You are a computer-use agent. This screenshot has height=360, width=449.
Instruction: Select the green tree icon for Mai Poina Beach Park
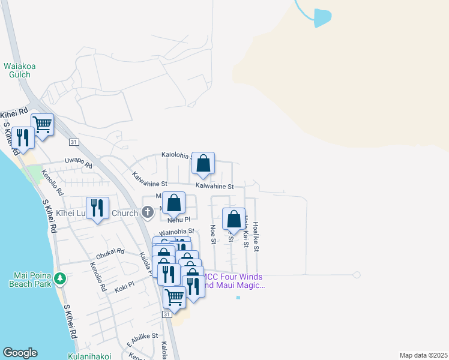(x=59, y=279)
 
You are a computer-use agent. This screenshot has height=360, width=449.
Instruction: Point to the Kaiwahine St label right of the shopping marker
(x=213, y=187)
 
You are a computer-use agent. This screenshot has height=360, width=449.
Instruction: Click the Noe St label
(x=212, y=235)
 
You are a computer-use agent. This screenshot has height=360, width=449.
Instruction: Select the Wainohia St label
(x=177, y=231)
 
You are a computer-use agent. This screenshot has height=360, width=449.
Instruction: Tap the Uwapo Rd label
(x=79, y=163)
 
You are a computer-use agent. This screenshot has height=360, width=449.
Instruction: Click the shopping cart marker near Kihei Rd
(x=43, y=125)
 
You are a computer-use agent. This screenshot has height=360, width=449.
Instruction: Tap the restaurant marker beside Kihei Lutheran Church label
(x=98, y=209)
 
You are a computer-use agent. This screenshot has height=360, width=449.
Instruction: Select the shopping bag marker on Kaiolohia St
(x=203, y=163)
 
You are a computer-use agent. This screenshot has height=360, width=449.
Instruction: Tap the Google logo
(x=20, y=353)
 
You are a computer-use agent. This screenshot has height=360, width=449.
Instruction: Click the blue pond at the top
(x=322, y=17)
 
